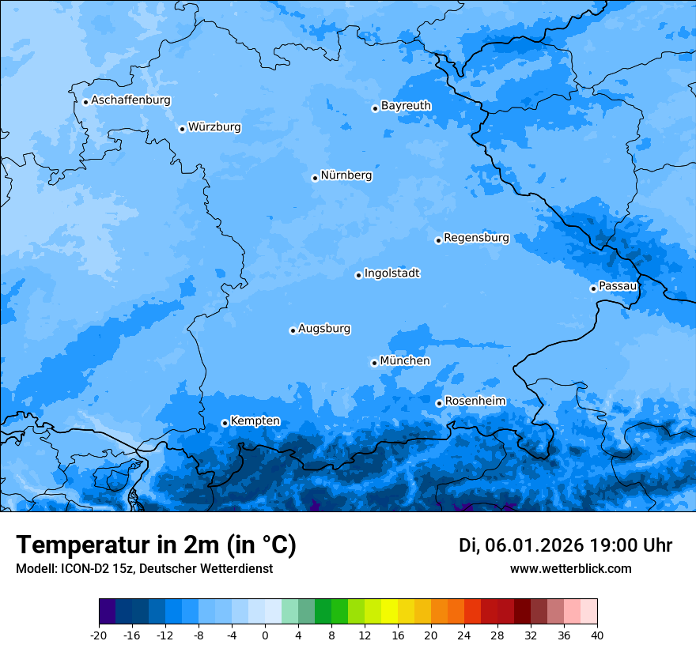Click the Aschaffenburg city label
click(x=130, y=100)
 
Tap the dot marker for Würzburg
click(x=182, y=129)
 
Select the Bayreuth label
click(x=406, y=105)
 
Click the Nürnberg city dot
click(x=315, y=178)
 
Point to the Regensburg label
click(x=476, y=237)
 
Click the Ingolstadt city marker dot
click(x=358, y=275)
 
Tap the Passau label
click(x=618, y=285)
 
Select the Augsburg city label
click(x=324, y=328)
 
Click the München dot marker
click(x=374, y=363)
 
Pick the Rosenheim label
click(x=475, y=401)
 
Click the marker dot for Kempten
click(x=225, y=423)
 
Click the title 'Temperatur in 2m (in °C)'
click(x=156, y=545)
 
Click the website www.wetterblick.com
click(x=570, y=568)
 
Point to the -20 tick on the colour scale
click(x=99, y=635)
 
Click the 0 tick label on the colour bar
click(x=265, y=635)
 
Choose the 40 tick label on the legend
click(x=597, y=635)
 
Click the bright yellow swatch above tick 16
click(x=389, y=612)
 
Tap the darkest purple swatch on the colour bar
click(x=107, y=612)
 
